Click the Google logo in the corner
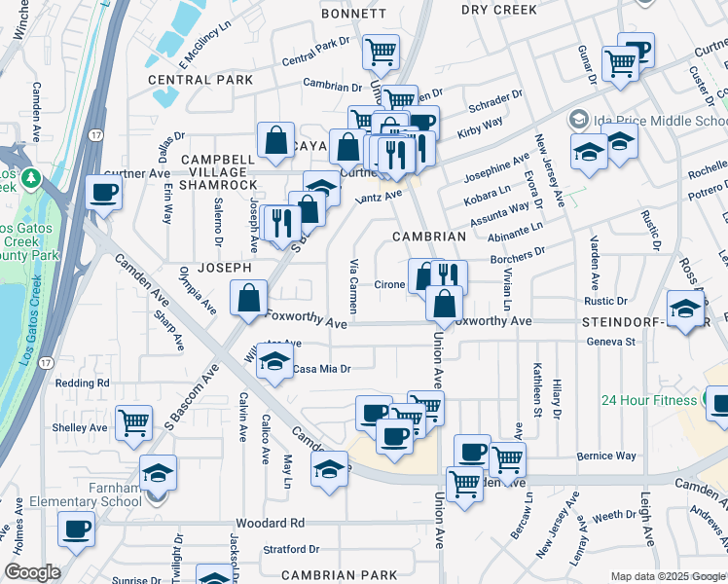(x=31, y=572)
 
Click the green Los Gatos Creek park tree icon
(x=31, y=179)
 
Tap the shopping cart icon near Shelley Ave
(x=133, y=422)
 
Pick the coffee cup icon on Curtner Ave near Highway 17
(x=103, y=192)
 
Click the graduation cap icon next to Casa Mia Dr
(x=275, y=362)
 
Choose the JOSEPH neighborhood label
(x=225, y=267)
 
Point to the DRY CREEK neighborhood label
(x=499, y=10)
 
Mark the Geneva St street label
(x=610, y=342)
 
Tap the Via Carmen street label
(x=354, y=285)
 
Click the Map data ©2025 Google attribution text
(x=667, y=576)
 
